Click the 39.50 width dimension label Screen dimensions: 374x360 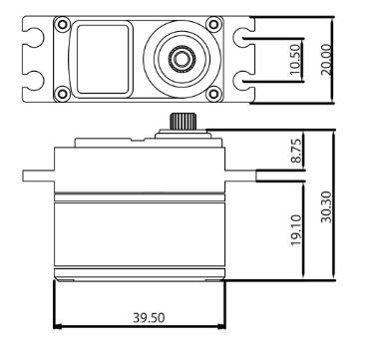click(149, 318)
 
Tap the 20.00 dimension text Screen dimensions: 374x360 click(326, 60)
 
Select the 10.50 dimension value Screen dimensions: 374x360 click(295, 60)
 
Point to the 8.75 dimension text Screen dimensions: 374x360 click(296, 151)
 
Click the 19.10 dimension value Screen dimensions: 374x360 click(296, 230)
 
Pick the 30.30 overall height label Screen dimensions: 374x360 click(326, 206)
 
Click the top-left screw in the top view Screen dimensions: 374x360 click(62, 24)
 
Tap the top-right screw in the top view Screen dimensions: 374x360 click(213, 24)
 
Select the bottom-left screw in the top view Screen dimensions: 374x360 click(62, 94)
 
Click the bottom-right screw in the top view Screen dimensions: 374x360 click(213, 94)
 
